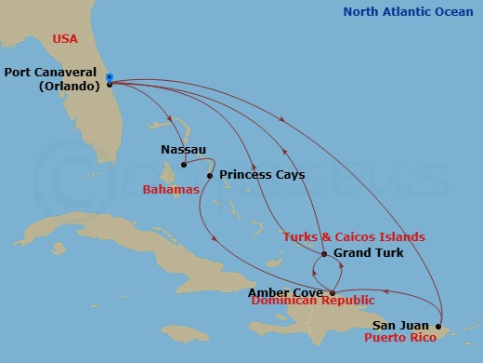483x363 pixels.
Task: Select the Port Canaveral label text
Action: tap(51, 72)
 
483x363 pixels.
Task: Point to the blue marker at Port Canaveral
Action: tap(110, 77)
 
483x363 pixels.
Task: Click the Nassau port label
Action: tap(183, 149)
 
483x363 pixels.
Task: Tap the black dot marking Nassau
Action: tap(184, 165)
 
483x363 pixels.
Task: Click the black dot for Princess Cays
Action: tap(210, 174)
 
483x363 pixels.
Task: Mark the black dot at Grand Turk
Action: tap(322, 253)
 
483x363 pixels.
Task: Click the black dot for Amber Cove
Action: tap(333, 292)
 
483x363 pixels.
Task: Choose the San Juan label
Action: tap(401, 325)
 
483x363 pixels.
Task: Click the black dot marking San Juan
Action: tap(438, 326)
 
